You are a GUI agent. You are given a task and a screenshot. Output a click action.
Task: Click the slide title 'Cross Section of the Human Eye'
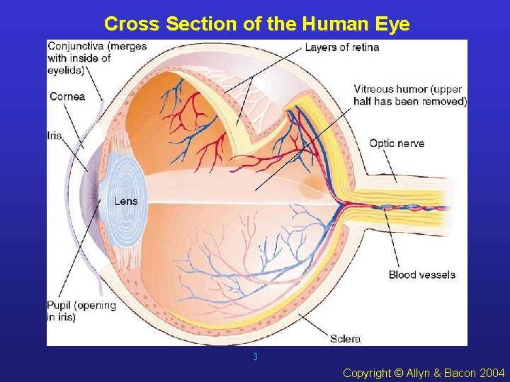tap(256, 24)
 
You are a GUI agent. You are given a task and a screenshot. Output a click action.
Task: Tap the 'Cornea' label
tap(67, 97)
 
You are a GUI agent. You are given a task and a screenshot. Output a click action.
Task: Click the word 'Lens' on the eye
tap(126, 202)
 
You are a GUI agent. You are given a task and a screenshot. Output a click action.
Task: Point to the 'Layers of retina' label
tap(342, 47)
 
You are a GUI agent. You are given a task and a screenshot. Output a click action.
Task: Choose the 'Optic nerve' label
tap(397, 144)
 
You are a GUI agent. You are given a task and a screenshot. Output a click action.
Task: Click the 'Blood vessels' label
tap(422, 274)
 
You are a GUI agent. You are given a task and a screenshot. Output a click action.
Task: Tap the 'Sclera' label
tap(345, 338)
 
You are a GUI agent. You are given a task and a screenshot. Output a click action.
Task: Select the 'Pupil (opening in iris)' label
tap(81, 311)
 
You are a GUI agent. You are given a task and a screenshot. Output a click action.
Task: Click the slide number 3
tap(255, 357)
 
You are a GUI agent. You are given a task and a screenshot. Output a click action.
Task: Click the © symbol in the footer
tap(398, 373)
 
